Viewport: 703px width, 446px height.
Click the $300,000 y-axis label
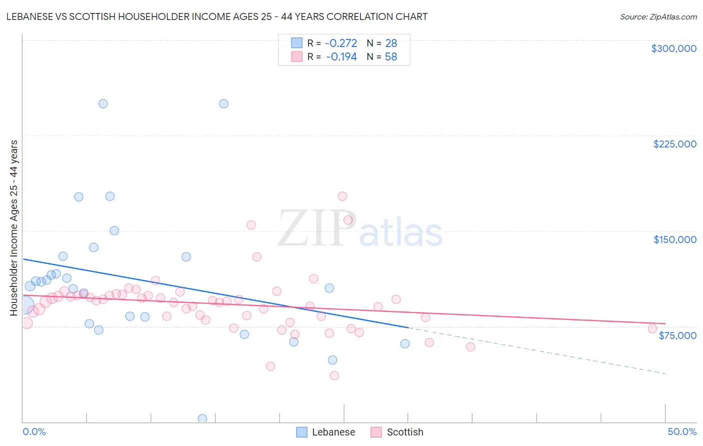tap(673, 48)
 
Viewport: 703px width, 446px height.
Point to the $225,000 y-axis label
tap(674, 144)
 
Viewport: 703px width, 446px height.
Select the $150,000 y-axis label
tap(674, 239)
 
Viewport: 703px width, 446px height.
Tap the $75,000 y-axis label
tap(677, 335)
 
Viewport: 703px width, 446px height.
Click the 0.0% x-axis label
tap(34, 431)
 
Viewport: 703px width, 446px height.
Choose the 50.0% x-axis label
tap(681, 431)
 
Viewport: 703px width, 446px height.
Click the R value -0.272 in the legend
tap(340, 43)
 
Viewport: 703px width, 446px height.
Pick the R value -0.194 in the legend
tap(341, 57)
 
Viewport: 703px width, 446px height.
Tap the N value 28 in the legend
tap(391, 43)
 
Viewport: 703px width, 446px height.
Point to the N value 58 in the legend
tap(391, 57)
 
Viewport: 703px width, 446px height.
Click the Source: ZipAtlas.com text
tap(658, 17)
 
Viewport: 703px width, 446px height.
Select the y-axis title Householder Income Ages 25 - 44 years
tap(13, 228)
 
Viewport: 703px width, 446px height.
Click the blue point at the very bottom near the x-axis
tap(202, 418)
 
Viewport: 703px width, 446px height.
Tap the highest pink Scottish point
tap(342, 196)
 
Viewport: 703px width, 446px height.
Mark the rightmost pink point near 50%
tap(652, 329)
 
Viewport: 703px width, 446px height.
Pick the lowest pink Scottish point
tap(334, 375)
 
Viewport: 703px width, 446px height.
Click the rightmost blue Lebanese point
tap(405, 343)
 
